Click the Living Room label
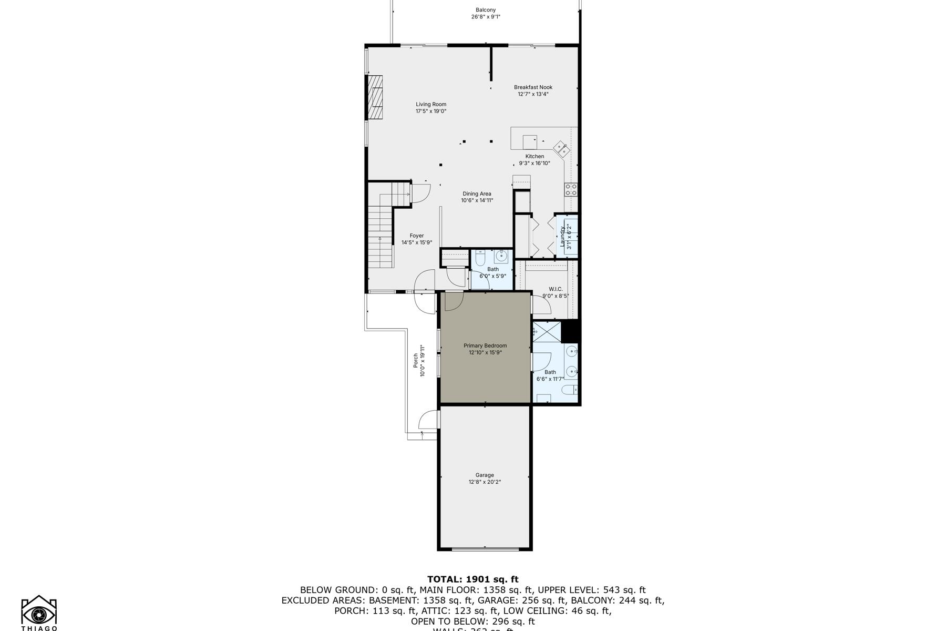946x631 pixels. [x=431, y=104]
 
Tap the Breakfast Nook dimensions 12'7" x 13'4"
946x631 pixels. [x=533, y=94]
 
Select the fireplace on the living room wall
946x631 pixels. [x=375, y=98]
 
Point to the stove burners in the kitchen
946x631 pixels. [x=571, y=190]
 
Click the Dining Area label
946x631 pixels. [x=477, y=194]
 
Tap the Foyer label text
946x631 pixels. [x=416, y=236]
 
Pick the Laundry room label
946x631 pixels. [x=562, y=236]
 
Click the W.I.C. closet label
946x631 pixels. [x=556, y=289]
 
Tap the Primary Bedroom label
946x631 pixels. [x=485, y=345]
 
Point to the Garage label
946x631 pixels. [x=485, y=475]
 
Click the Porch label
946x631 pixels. [x=416, y=360]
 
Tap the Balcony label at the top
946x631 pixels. [x=486, y=10]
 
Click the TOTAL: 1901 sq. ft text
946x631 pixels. [x=472, y=579]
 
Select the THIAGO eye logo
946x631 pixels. [x=39, y=612]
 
